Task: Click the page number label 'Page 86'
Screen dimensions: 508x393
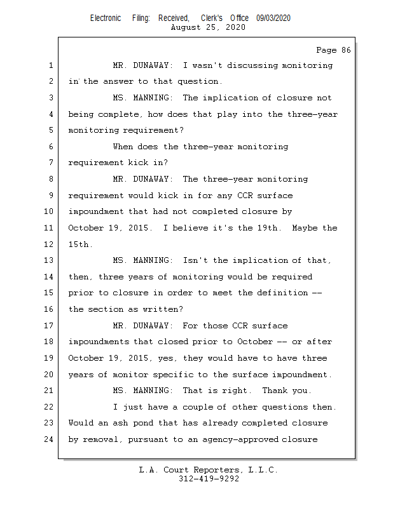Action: tap(333, 50)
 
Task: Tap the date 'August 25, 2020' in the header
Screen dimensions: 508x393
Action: tap(208, 27)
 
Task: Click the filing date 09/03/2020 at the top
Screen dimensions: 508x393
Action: tap(273, 18)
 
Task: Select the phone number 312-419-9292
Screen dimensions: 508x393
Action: tap(209, 479)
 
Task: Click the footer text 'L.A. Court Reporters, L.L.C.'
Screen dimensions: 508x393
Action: tap(209, 471)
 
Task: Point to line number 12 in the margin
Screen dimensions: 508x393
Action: tap(50, 244)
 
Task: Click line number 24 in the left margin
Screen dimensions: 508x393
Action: tap(50, 439)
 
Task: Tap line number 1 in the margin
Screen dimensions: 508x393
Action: tap(50, 65)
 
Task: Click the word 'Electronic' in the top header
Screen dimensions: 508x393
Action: tap(106, 18)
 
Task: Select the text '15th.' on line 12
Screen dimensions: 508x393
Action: tap(81, 244)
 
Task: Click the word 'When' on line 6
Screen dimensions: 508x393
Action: tap(123, 147)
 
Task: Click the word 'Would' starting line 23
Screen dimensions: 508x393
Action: tap(81, 423)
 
